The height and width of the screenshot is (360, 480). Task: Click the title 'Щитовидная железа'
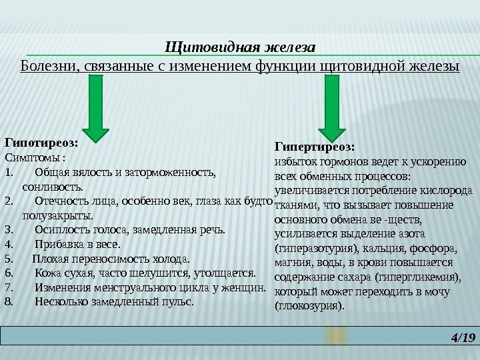(239, 48)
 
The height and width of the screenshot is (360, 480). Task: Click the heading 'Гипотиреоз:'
(41, 142)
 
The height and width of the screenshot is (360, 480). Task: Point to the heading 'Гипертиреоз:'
(315, 146)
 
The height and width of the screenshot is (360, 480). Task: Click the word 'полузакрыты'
(57, 216)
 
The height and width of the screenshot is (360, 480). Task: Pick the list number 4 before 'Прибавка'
(8, 245)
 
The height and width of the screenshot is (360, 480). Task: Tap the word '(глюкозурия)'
(311, 307)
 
